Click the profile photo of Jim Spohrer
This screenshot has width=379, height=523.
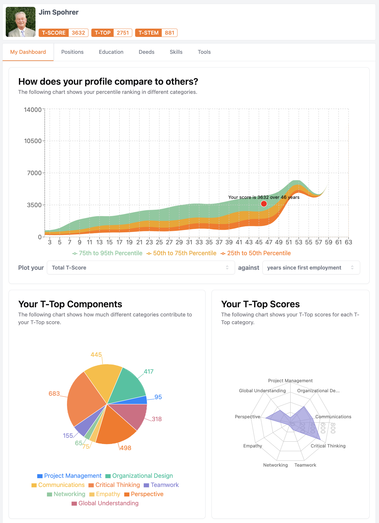[x=21, y=22]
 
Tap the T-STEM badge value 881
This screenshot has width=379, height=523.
[x=169, y=33]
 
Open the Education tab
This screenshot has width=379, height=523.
[x=111, y=52]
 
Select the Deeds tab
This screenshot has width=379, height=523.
[x=147, y=52]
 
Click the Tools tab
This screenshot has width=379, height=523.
[x=204, y=52]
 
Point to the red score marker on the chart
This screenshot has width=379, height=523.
[x=264, y=204]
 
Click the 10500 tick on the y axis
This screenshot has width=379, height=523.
[x=33, y=141]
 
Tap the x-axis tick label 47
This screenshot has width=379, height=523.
[x=269, y=242]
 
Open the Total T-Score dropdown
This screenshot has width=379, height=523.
[x=141, y=268]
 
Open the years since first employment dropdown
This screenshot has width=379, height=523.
[x=311, y=268]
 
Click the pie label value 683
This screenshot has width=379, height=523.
[x=54, y=394]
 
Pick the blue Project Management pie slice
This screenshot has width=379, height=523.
[x=142, y=400]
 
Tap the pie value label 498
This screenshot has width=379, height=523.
[x=125, y=448]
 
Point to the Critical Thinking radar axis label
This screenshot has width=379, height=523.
[x=328, y=446]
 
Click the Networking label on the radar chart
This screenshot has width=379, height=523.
[x=275, y=465]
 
